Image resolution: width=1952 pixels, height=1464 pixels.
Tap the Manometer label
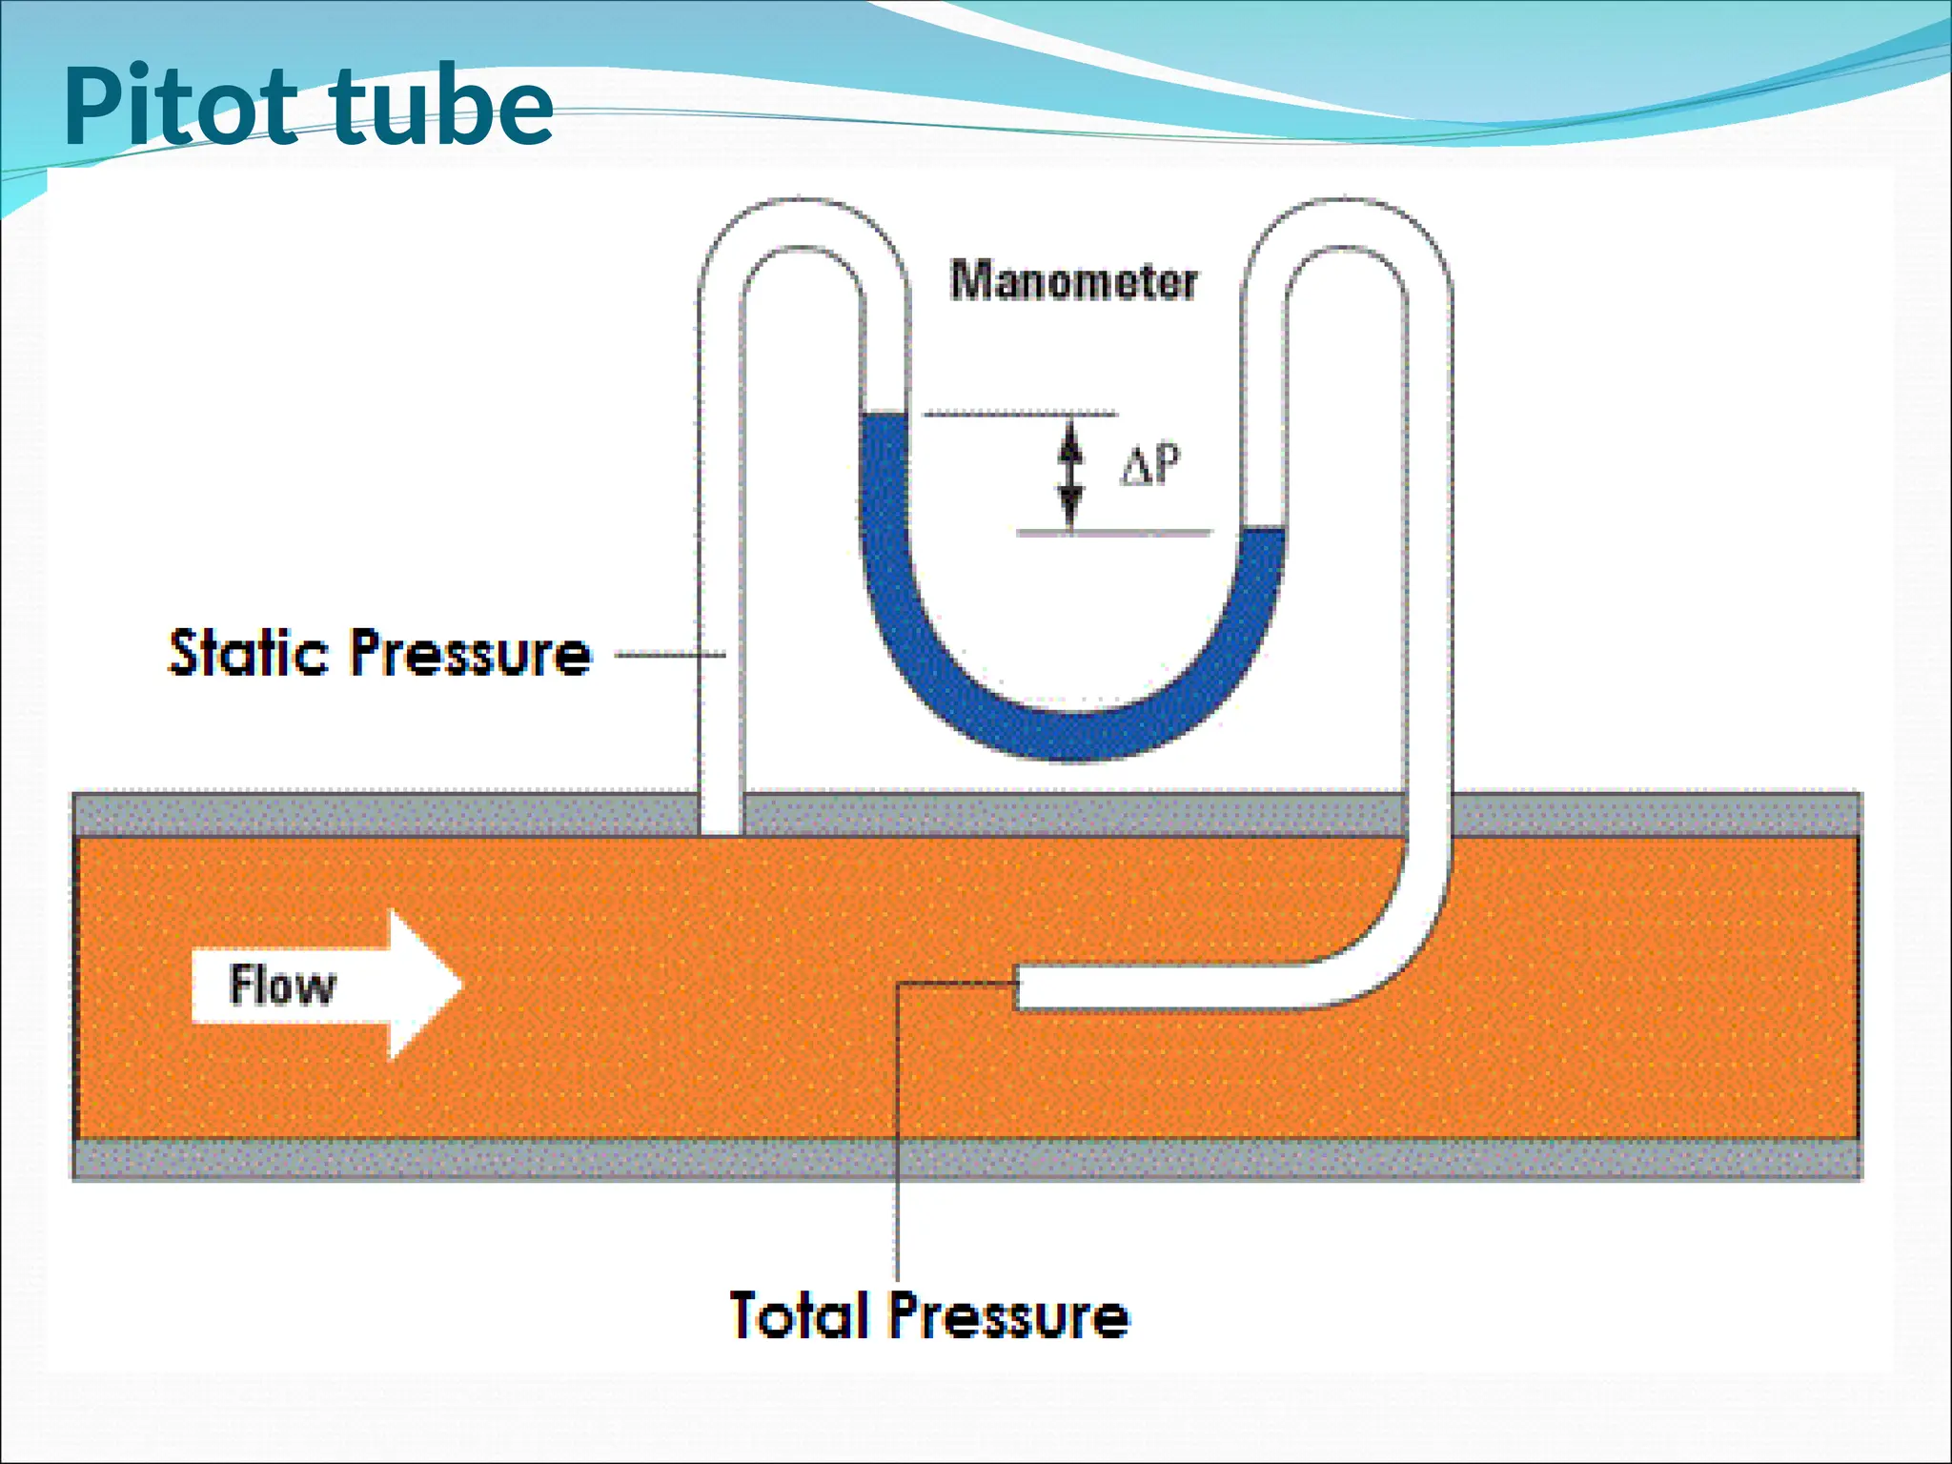click(1073, 281)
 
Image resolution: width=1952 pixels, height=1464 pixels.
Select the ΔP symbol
click(1149, 466)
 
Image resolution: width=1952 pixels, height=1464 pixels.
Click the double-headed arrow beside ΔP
click(1070, 473)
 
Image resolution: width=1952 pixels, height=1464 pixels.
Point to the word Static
click(248, 654)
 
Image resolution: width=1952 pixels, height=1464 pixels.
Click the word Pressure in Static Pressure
click(471, 654)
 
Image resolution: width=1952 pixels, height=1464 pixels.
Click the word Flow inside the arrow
click(282, 986)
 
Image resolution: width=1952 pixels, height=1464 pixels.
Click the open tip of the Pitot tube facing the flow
click(1019, 986)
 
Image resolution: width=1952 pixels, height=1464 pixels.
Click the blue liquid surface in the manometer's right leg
click(1264, 532)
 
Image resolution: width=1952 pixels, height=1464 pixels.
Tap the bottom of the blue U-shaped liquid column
click(1073, 737)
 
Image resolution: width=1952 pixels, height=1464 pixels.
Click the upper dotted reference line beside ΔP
click(1020, 414)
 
